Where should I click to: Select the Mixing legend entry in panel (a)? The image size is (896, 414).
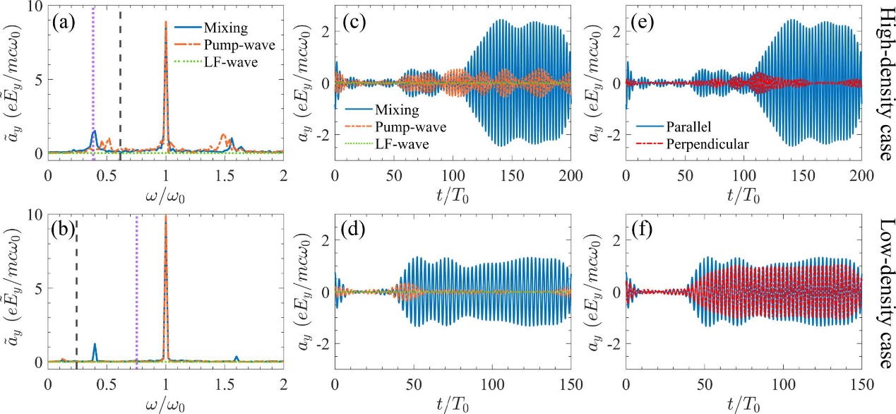coord(224,30)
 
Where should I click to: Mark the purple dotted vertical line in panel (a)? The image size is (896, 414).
coord(93,85)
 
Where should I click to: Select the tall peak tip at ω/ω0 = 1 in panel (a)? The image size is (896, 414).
coord(166,22)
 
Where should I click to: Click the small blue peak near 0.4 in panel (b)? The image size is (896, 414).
coord(95,344)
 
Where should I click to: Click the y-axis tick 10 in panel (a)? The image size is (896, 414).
coord(33,7)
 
